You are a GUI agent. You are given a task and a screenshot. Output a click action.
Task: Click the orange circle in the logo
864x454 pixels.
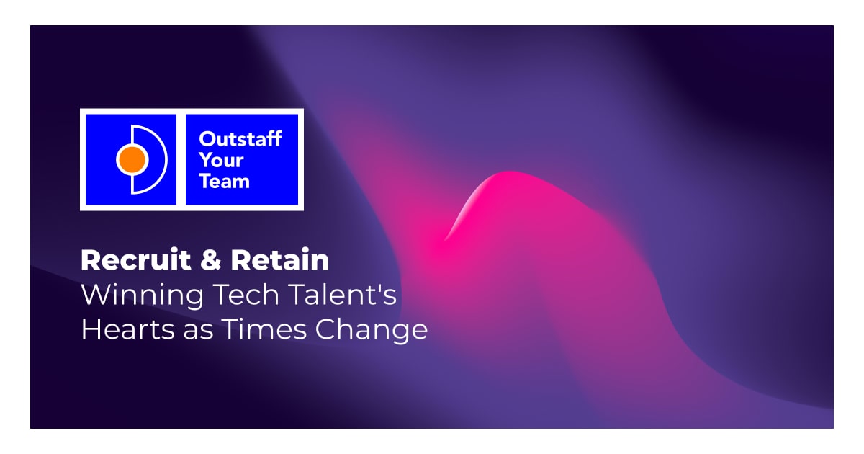coord(132,159)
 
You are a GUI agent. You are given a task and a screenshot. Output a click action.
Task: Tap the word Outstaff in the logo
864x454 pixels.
coord(240,138)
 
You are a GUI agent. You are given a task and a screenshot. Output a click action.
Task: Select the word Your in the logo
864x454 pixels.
coord(221,159)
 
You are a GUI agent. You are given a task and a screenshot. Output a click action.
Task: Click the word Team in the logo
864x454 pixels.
coord(224,181)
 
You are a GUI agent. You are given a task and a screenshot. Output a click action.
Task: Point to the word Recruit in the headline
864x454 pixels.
coord(135,260)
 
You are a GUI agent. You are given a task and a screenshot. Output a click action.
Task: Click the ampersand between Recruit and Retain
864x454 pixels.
coord(211,261)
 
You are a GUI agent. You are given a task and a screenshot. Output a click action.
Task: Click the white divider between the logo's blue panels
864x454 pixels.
coord(181,159)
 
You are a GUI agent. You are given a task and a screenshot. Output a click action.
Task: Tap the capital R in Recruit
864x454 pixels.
coord(90,260)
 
